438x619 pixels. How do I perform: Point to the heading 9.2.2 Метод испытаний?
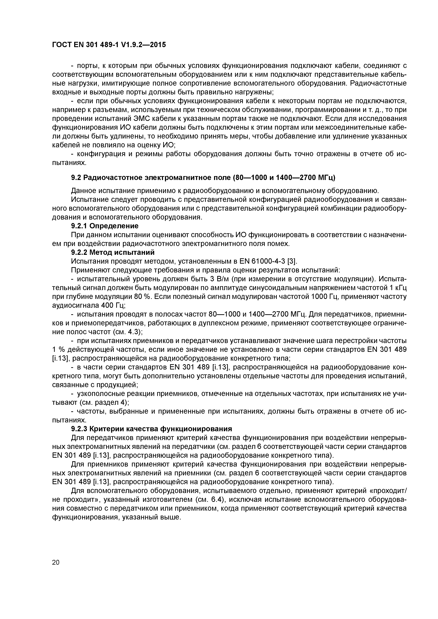click(x=113, y=252)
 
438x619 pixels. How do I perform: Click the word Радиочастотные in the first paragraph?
click(x=378, y=83)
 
